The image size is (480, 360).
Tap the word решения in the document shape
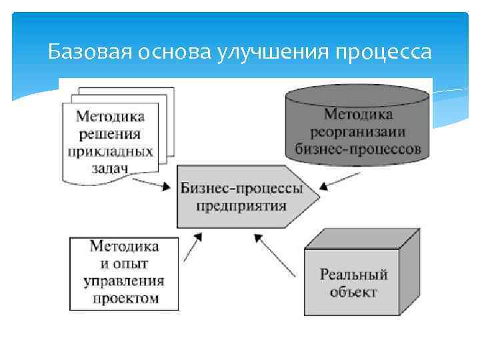click(110, 133)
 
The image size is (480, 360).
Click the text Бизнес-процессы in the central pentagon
click(241, 187)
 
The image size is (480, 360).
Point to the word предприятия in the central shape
click(241, 205)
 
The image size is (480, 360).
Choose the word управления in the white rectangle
click(124, 281)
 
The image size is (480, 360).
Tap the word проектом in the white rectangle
click(125, 298)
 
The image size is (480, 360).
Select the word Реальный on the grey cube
click(353, 275)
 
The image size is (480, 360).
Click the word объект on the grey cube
click(353, 292)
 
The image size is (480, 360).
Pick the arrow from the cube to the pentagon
click(275, 257)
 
